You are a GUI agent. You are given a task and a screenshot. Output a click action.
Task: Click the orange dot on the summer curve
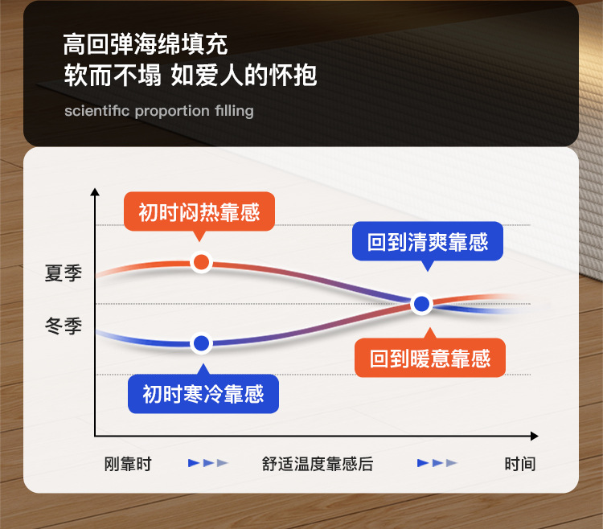201,262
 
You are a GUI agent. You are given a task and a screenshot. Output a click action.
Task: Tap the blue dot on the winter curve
202,343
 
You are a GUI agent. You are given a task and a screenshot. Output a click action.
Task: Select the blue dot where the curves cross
422,304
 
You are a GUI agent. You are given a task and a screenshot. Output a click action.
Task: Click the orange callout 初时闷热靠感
199,211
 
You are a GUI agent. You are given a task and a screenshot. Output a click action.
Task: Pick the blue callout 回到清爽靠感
428,241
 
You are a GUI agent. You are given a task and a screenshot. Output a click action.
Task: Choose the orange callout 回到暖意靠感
430,357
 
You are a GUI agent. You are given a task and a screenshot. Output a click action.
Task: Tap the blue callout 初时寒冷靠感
203,393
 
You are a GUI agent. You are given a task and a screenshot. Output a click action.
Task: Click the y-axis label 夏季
64,273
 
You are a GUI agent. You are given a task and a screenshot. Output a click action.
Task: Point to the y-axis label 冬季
64,326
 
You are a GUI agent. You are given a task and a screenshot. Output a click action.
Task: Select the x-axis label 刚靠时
128,464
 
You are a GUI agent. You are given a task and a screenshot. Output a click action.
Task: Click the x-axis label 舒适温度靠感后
318,464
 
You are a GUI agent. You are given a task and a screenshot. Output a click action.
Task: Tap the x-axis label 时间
520,464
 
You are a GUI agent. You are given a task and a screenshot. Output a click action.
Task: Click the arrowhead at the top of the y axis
95,192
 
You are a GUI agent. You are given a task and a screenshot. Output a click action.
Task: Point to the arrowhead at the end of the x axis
534,436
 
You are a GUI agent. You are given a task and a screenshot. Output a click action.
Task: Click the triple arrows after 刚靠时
208,463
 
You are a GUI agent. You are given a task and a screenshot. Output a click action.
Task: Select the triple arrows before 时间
437,463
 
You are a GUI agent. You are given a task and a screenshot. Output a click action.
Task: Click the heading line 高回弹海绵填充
146,44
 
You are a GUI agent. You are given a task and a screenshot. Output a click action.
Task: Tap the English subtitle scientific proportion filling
159,111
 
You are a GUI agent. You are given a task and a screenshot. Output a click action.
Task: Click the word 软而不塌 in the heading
113,75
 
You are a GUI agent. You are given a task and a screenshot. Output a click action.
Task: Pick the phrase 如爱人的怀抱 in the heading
244,75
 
